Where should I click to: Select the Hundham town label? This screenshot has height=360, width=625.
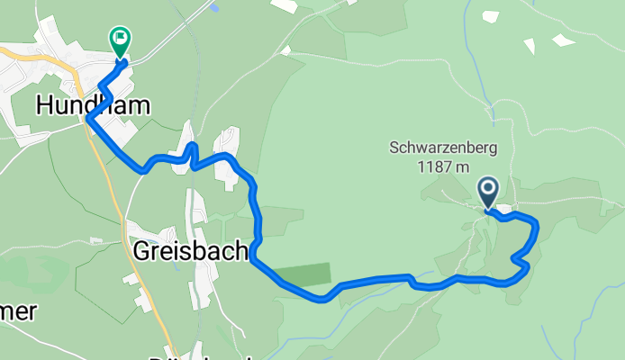click(x=93, y=105)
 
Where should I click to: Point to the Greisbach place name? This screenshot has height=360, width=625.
click(x=190, y=249)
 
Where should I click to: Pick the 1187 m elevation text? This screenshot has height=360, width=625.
click(x=444, y=166)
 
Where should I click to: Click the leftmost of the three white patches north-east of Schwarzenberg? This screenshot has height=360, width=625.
click(x=491, y=16)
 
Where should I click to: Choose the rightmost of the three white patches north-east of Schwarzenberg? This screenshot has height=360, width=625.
click(x=564, y=40)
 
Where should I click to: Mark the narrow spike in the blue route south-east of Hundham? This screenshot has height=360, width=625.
click(x=191, y=148)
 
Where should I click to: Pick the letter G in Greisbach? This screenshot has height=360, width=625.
click(x=143, y=249)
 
